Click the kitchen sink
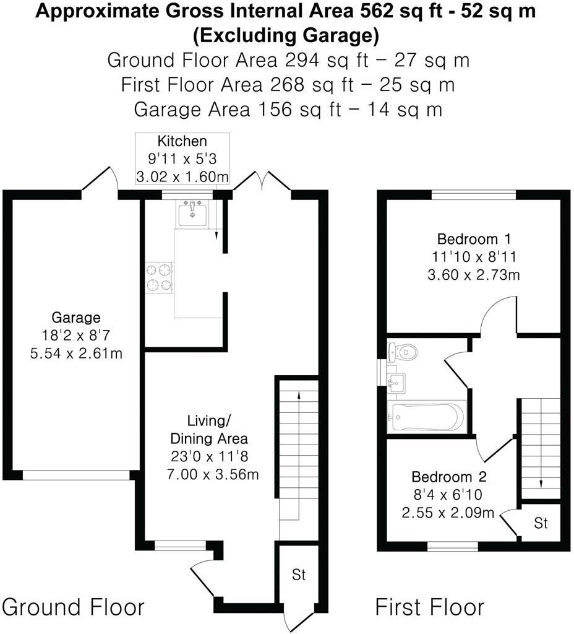pos(193,214)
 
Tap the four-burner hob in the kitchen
pos(159,277)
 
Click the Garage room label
pos(76,318)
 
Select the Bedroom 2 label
pos(449,477)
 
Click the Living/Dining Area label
pos(209,430)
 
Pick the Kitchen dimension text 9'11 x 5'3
pos(182,158)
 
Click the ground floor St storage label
pos(299,575)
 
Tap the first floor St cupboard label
pos(541,523)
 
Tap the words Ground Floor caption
pos(74,607)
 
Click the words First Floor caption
pos(430,607)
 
